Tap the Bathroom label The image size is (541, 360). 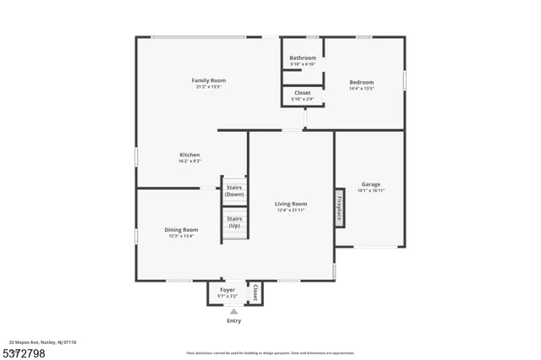point(303,57)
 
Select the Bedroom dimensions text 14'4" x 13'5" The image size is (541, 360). point(362,88)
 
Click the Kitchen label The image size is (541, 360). point(189,155)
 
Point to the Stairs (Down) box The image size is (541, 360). point(234,191)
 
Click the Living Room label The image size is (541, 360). point(291,204)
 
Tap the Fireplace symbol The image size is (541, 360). point(339,207)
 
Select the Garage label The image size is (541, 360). point(371,184)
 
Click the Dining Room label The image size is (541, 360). point(181,230)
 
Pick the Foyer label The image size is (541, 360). point(228,290)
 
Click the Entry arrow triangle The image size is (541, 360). point(234,311)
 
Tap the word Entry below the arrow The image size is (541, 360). point(234,321)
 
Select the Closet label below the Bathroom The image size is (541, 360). point(303,93)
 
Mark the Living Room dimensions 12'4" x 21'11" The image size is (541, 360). point(291,210)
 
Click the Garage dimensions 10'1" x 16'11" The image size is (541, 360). point(371,191)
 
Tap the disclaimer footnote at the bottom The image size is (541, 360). point(270,352)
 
